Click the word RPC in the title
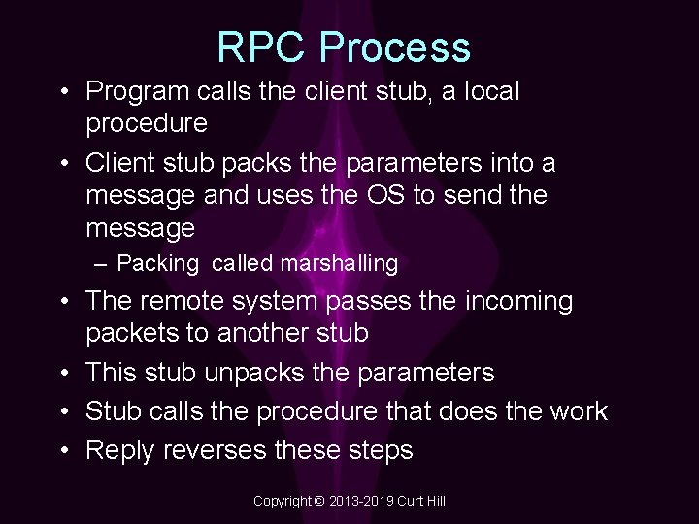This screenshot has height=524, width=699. (x=260, y=49)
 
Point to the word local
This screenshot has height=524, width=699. (x=492, y=92)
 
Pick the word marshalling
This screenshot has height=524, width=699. (x=339, y=263)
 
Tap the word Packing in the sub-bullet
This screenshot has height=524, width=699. (x=158, y=263)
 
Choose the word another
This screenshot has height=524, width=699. (x=259, y=334)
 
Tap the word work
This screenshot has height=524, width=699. (x=577, y=411)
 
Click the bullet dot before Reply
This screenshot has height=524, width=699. (x=63, y=450)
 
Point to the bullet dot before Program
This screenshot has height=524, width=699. (x=63, y=92)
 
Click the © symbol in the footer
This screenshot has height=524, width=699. (x=319, y=501)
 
